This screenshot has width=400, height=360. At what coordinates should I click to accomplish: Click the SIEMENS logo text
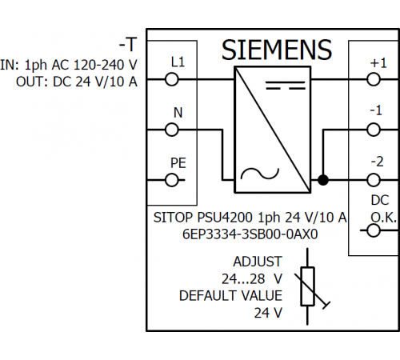click(x=277, y=50)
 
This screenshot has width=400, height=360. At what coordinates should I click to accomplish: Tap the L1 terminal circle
click(x=171, y=79)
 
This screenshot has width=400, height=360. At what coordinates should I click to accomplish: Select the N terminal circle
click(x=171, y=130)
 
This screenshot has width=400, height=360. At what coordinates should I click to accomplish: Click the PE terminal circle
click(x=171, y=180)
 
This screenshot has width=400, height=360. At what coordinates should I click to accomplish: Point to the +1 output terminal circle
click(x=374, y=79)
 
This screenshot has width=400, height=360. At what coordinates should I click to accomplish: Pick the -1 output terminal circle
click(x=374, y=130)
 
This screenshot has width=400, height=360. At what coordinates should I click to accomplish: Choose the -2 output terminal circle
click(x=374, y=180)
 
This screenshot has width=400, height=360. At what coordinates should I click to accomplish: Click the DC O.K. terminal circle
click(x=374, y=230)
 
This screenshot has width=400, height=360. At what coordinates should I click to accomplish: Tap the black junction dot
click(x=323, y=180)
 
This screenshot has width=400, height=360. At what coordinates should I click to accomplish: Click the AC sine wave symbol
click(x=259, y=174)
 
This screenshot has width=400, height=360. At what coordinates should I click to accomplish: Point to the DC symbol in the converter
click(x=286, y=85)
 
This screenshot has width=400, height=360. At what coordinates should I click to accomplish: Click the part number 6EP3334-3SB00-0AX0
click(x=250, y=234)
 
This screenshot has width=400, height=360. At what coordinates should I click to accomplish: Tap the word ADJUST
click(x=258, y=262)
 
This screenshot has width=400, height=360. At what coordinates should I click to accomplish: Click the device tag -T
click(x=128, y=45)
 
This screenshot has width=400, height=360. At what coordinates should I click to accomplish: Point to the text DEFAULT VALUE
click(x=230, y=296)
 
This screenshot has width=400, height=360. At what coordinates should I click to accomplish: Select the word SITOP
click(x=173, y=218)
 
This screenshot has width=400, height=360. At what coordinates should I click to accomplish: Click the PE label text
click(x=178, y=163)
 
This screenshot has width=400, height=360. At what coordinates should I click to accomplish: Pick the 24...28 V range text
click(x=252, y=279)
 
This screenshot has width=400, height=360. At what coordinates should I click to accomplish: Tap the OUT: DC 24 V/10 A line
click(x=77, y=82)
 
